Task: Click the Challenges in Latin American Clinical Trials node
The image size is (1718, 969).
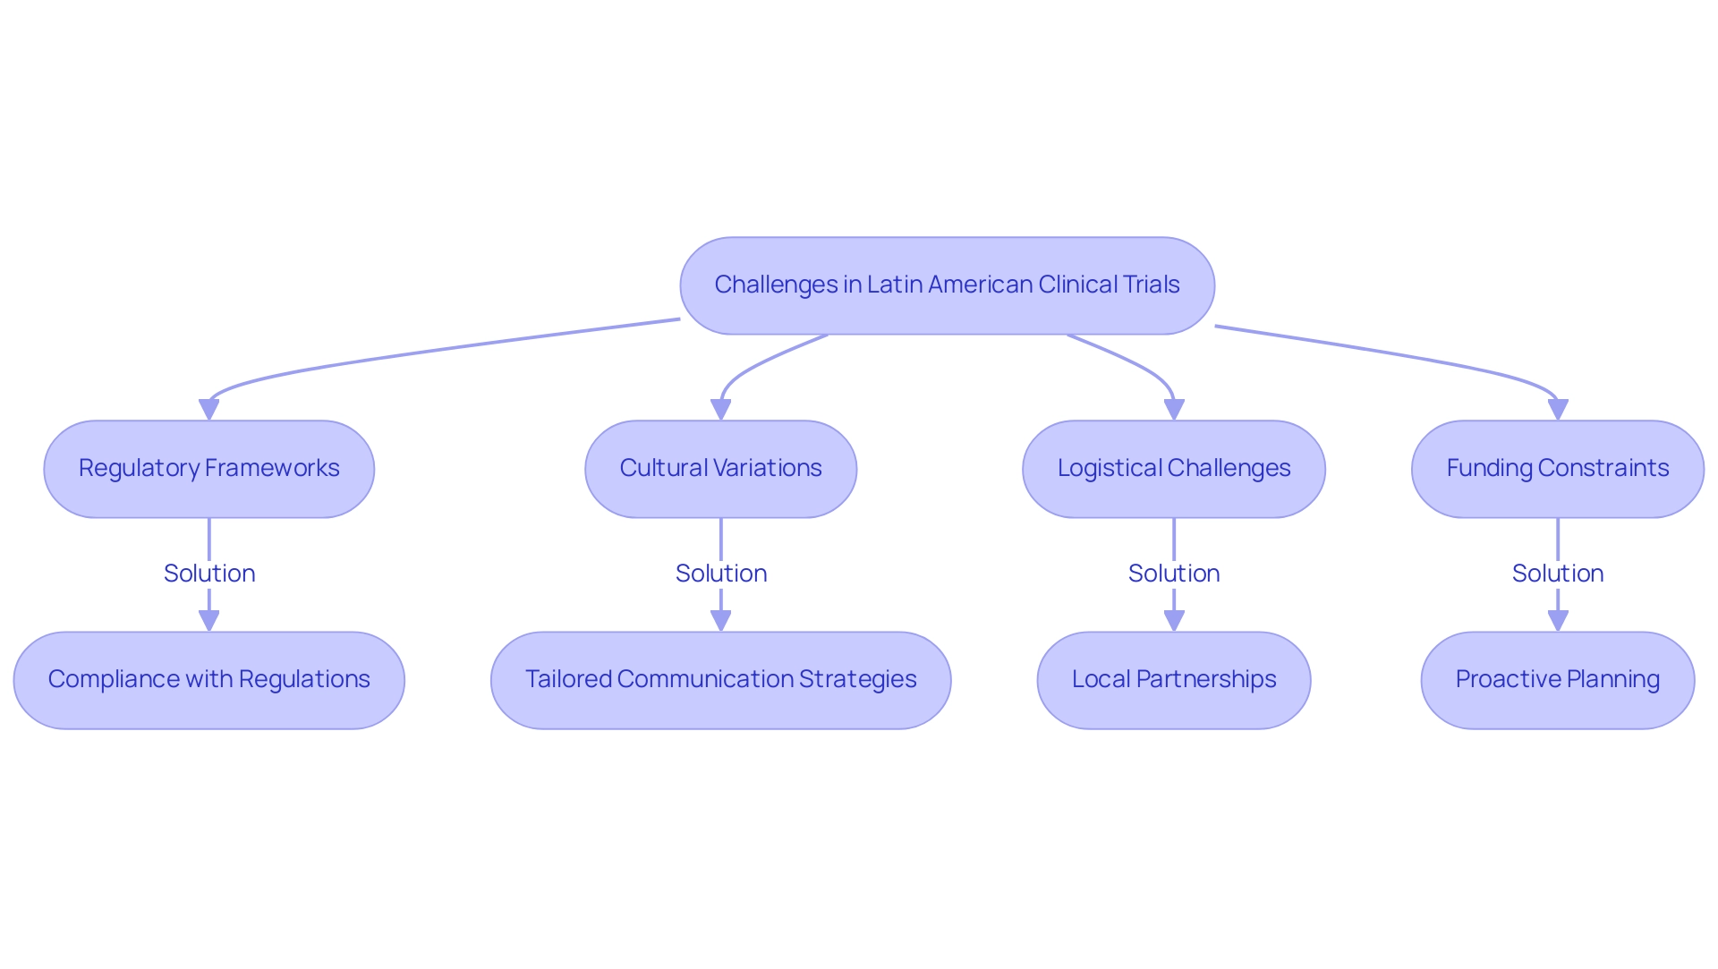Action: point(947,285)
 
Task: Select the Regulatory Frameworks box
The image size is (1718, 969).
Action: point(208,469)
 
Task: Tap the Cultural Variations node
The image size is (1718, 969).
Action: point(720,469)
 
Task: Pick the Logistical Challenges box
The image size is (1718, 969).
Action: point(1173,469)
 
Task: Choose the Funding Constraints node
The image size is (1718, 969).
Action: point(1557,469)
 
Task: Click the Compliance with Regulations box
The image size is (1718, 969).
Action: point(208,680)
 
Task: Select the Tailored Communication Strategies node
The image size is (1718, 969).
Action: point(720,680)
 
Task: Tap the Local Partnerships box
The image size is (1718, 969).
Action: point(1173,680)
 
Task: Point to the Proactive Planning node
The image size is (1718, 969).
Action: point(1557,680)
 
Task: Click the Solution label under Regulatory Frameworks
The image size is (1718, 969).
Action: point(209,574)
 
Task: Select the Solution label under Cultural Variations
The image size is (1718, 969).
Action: point(721,574)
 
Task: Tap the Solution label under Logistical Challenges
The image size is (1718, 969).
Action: point(1174,574)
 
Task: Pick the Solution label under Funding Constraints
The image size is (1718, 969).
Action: point(1558,574)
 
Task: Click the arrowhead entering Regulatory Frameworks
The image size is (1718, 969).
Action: point(209,410)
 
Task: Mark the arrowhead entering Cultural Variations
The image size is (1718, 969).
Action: point(720,410)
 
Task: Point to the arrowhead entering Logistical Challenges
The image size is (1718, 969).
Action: point(1174,410)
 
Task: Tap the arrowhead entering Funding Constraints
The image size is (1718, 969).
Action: point(1558,410)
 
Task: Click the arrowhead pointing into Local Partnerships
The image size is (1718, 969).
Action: point(1174,621)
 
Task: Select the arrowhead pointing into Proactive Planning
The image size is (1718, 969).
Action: point(1558,621)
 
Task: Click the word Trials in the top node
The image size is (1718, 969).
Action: point(1152,285)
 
